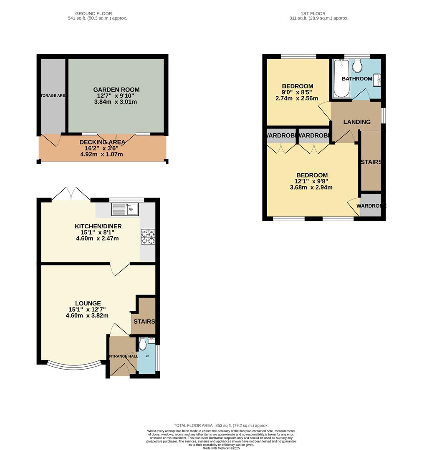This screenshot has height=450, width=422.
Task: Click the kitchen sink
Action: tap(125, 209)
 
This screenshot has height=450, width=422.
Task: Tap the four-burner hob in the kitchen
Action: tap(148, 236)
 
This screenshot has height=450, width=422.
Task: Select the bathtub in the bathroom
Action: tap(341, 78)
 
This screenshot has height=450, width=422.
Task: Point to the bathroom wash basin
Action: tap(377, 79)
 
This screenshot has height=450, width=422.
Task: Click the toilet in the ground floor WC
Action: tap(143, 344)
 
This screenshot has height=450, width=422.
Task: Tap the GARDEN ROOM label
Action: tap(116, 90)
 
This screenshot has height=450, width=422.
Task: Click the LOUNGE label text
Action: tap(88, 303)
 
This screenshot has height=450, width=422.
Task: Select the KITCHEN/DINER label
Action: tap(98, 226)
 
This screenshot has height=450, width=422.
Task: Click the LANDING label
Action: tap(356, 122)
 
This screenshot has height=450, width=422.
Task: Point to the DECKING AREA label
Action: tap(102, 142)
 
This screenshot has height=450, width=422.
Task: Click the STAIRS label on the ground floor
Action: tap(144, 322)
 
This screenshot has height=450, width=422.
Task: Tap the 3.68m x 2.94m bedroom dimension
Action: tap(311, 187)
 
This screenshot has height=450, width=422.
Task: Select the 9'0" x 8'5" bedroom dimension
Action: tap(297, 92)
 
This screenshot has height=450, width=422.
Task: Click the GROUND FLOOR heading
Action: tap(97, 14)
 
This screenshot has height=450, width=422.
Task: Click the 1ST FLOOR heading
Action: tap(318, 14)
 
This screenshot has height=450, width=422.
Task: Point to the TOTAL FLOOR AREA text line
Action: tap(221, 425)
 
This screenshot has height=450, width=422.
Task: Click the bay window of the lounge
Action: tap(73, 366)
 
